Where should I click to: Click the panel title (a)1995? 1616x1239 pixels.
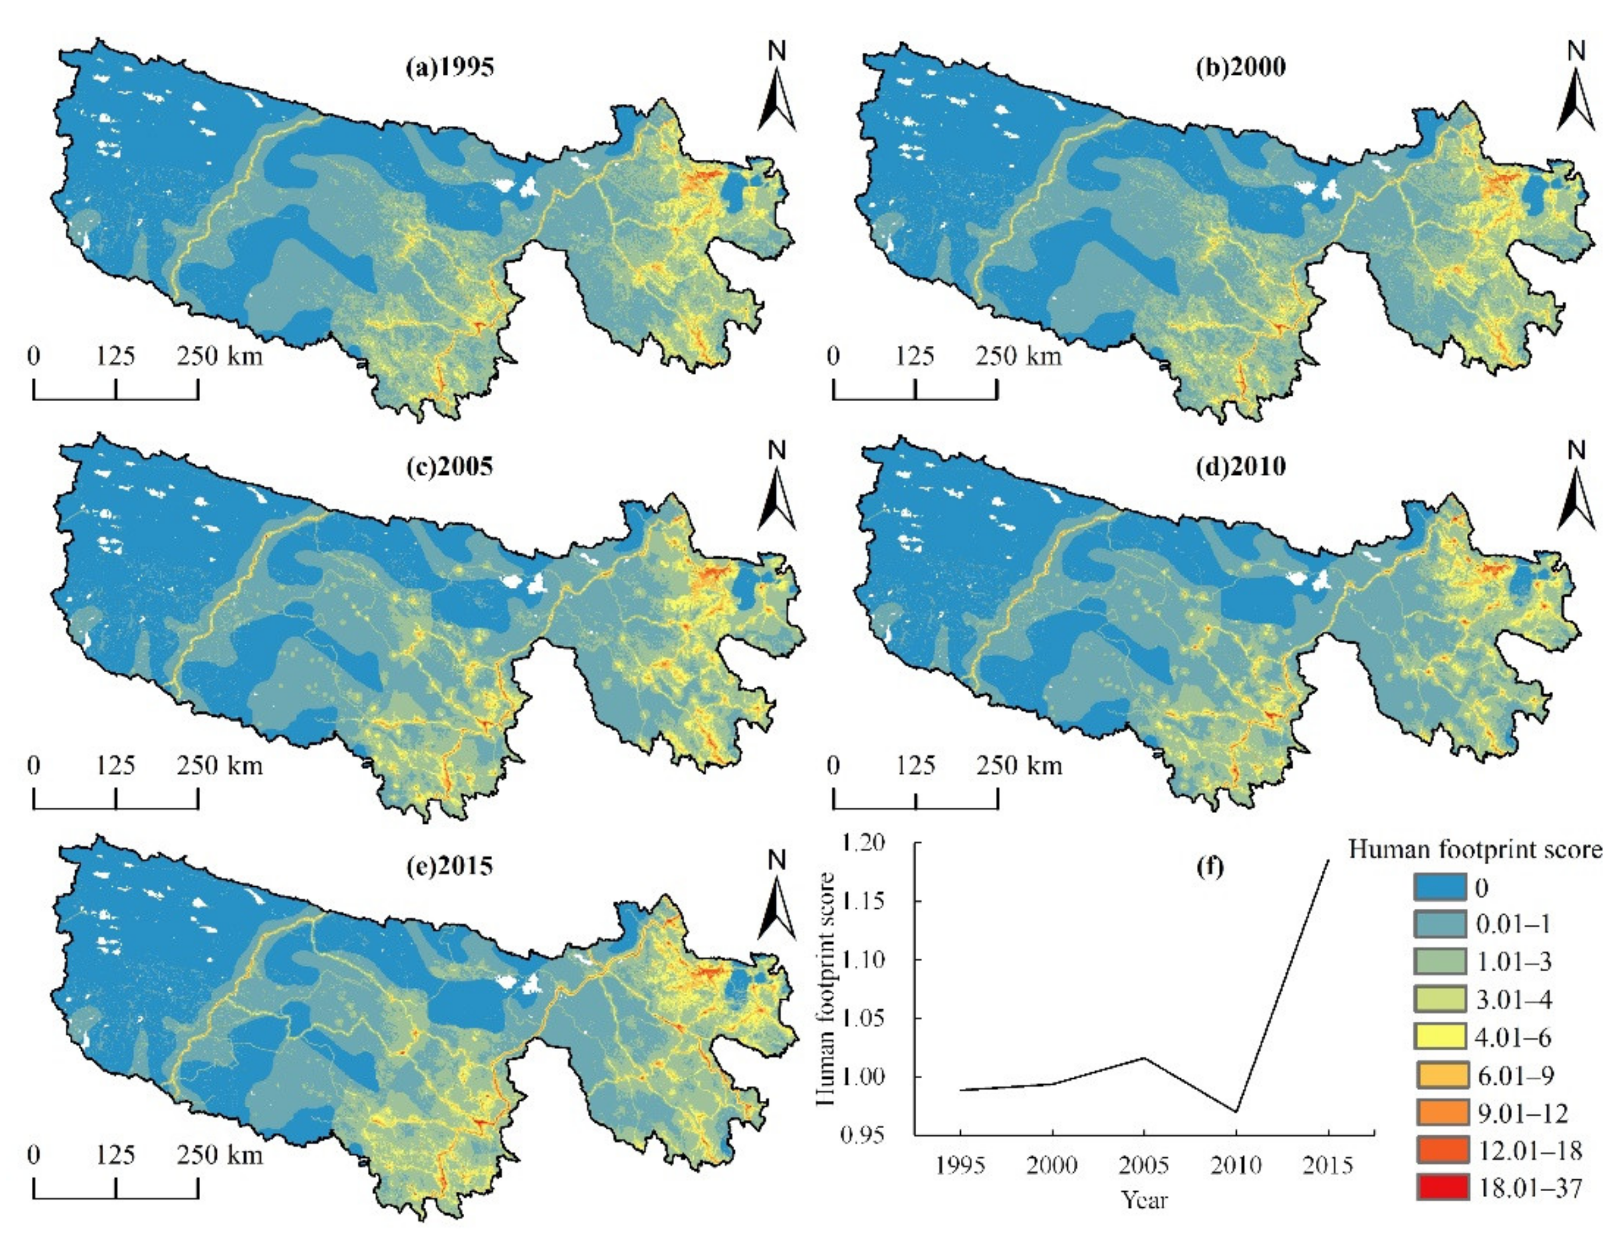[449, 67]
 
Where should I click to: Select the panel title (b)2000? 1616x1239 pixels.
[1241, 67]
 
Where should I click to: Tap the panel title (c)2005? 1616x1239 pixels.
[449, 466]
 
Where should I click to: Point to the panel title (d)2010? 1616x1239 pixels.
[1241, 466]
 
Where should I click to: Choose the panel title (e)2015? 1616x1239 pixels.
[449, 865]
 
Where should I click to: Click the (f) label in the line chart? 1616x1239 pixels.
[1210, 866]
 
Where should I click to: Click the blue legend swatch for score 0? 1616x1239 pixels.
[1439, 887]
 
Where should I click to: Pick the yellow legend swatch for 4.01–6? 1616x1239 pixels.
[1439, 1037]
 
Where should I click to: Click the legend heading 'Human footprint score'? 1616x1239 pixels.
[1475, 850]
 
